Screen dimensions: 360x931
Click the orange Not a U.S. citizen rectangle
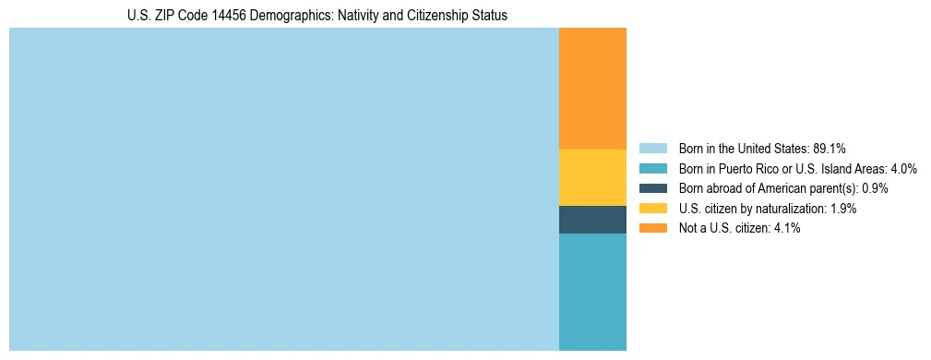tap(592, 89)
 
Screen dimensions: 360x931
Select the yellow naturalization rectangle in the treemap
tap(592, 177)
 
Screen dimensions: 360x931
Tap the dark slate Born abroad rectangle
tap(592, 220)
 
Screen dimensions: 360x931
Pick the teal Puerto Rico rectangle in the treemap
tap(592, 292)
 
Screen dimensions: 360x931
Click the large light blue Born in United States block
tap(284, 189)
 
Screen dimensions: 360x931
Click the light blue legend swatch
tap(652, 149)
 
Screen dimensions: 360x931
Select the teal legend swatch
tap(652, 169)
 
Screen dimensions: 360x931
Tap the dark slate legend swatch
tap(652, 188)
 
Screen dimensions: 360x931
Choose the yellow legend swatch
tap(652, 209)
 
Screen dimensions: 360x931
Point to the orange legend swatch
tap(652, 228)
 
